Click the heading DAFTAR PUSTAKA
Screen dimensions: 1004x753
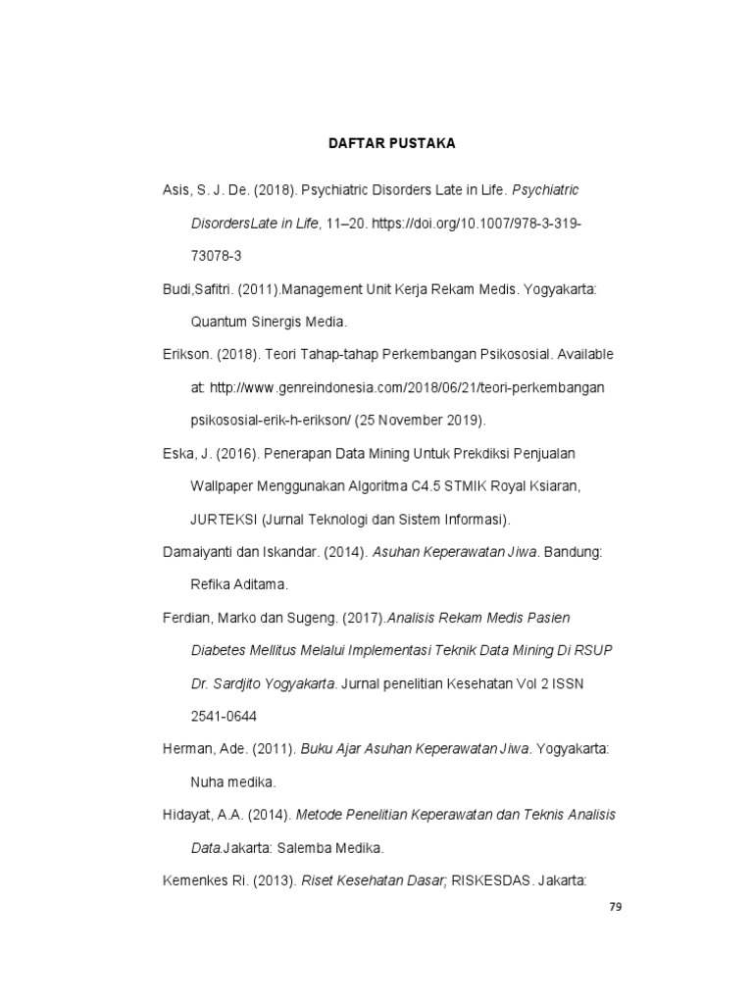click(391, 144)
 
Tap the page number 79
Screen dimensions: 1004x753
click(616, 907)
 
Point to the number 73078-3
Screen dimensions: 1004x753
click(216, 256)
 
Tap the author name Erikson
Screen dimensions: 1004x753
click(186, 355)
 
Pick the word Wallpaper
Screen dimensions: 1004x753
click(223, 486)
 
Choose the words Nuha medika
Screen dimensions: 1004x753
click(233, 782)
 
